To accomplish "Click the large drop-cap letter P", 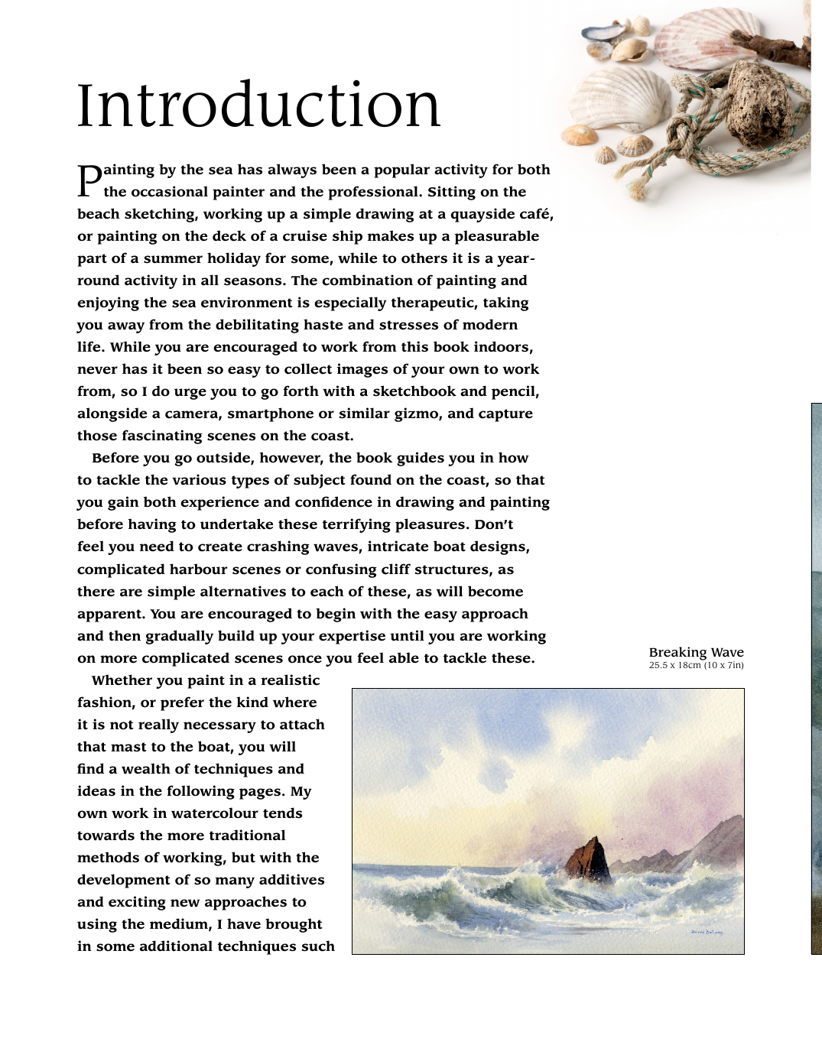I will click(89, 180).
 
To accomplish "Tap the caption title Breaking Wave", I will click(696, 652).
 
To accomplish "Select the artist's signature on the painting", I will click(706, 932).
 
